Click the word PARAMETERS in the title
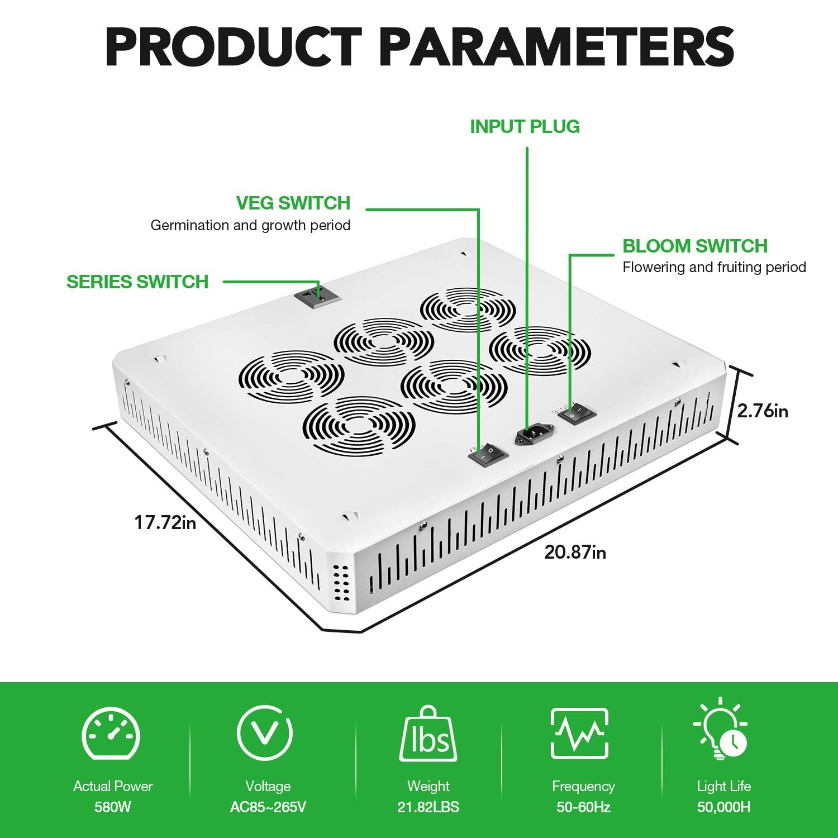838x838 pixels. (556, 48)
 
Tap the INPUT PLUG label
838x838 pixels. (525, 127)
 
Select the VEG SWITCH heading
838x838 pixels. (293, 203)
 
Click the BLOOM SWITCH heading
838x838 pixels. (695, 246)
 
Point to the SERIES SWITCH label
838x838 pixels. (137, 282)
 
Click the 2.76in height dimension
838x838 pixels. (763, 411)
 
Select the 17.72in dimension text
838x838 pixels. (165, 523)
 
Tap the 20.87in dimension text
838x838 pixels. (575, 553)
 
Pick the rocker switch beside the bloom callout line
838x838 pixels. (577, 414)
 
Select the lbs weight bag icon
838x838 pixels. (428, 734)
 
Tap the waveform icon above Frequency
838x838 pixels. (579, 733)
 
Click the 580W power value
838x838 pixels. (113, 807)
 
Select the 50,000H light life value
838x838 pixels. (724, 807)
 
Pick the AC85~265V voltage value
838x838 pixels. (268, 807)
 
